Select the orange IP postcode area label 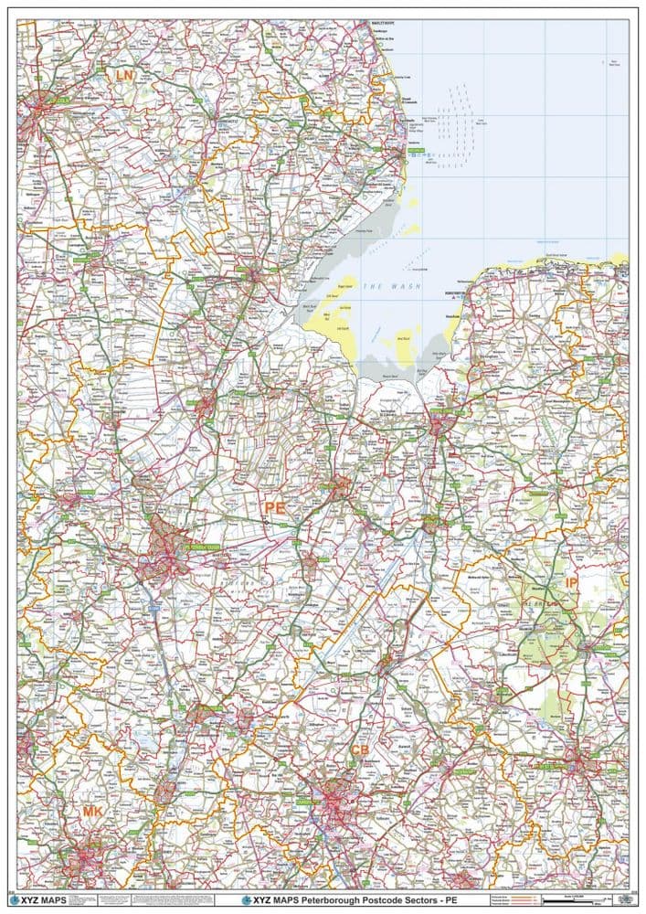pyautogui.click(x=571, y=582)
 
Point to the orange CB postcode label pyautogui.click(x=359, y=750)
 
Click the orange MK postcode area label pyautogui.click(x=93, y=812)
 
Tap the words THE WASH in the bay pyautogui.click(x=387, y=287)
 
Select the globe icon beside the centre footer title pyautogui.click(x=247, y=900)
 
